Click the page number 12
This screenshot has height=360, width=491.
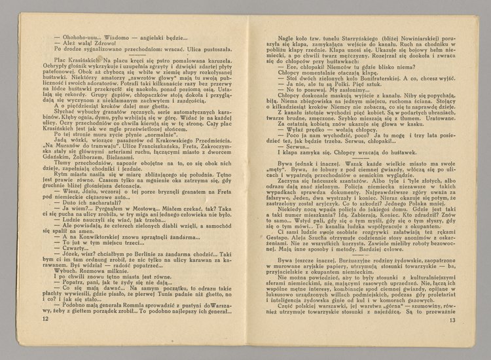point(45,337)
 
